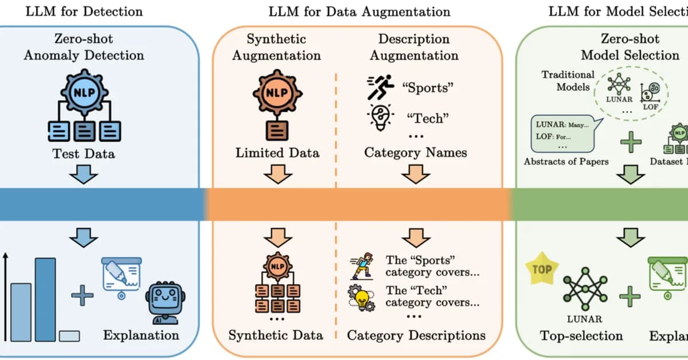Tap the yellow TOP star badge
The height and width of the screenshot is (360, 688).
542,269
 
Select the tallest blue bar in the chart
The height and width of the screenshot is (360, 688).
45,299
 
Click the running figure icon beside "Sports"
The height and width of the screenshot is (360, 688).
380,87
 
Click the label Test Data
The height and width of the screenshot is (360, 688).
84,153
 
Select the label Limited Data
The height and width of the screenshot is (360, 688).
277,153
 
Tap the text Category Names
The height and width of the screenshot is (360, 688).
415,153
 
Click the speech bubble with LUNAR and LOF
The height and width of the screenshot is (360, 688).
560,134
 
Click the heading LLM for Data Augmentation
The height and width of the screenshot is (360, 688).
359,11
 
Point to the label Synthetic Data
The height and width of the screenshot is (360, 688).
276,335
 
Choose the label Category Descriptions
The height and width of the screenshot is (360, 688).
416,335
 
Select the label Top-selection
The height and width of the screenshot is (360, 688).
581,335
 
